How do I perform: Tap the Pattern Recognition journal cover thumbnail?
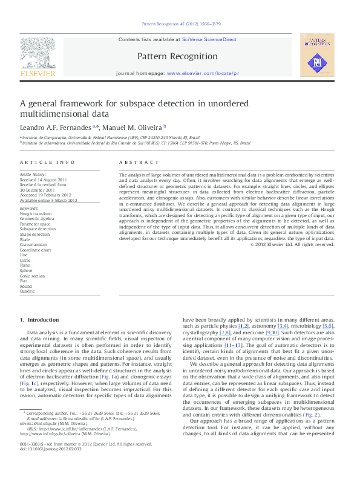pyautogui.click(x=318, y=56)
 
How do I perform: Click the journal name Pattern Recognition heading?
pyautogui.click(x=177, y=56)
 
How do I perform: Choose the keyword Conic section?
pyautogui.click(x=33, y=275)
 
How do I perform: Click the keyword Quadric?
pyautogui.click(x=27, y=291)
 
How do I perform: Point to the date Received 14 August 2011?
pyautogui.click(x=44, y=180)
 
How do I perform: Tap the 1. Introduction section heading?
pyautogui.click(x=39, y=319)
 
